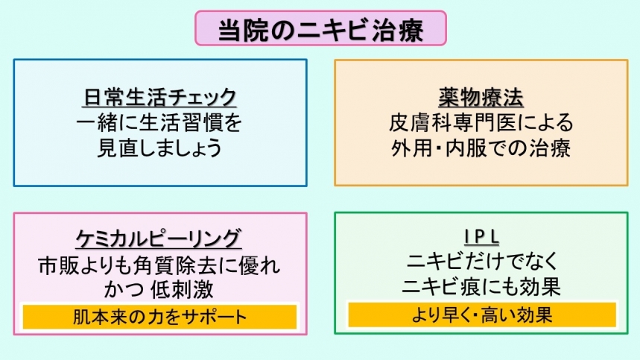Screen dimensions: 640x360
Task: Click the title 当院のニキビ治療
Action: point(321,29)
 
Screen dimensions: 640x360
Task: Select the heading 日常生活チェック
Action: point(159,97)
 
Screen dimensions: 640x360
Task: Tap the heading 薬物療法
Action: point(481,97)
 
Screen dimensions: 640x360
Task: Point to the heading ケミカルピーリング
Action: point(159,239)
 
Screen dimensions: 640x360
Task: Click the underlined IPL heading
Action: point(481,237)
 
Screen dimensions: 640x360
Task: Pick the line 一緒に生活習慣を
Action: point(159,123)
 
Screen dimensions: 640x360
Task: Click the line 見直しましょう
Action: point(159,148)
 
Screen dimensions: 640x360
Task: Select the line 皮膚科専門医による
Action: point(481,122)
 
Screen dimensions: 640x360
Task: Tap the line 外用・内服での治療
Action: point(481,148)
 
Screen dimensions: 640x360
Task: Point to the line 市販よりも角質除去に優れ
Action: point(159,265)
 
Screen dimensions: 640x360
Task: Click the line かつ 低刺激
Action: point(159,289)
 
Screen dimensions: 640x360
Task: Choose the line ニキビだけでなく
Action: point(482,261)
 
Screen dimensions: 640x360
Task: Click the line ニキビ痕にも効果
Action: point(481,286)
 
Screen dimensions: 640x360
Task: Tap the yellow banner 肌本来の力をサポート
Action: point(159,317)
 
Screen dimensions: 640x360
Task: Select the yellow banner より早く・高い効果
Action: point(482,315)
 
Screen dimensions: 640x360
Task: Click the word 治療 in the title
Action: point(398,30)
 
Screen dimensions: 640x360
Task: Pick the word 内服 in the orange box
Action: point(466,148)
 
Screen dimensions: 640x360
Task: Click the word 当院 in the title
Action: point(244,30)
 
